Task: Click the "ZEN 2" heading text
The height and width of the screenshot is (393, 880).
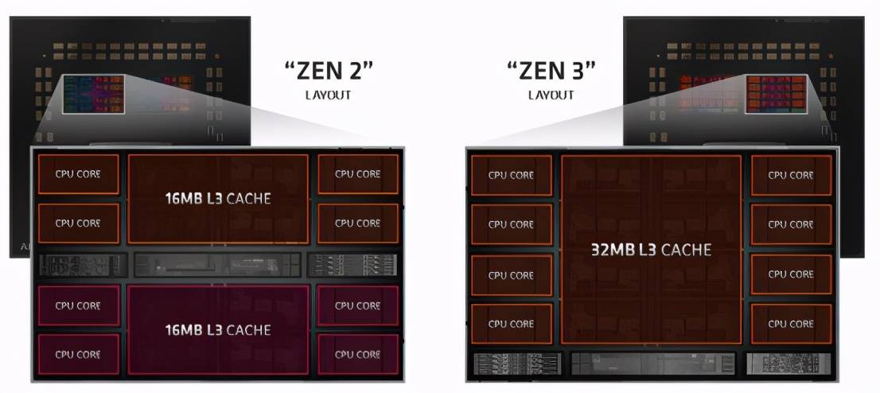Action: pos(329,72)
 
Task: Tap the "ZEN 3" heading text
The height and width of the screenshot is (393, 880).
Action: pos(551,72)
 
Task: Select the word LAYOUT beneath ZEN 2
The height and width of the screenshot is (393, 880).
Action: pos(329,95)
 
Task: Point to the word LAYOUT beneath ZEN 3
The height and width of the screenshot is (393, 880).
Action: pos(551,95)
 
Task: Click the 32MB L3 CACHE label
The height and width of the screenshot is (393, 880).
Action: pos(652,249)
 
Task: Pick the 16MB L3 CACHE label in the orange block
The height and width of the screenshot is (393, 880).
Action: pos(218,199)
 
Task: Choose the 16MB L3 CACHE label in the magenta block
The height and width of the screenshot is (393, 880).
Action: pos(218,329)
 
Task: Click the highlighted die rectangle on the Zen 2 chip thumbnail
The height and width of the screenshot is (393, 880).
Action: pos(93,94)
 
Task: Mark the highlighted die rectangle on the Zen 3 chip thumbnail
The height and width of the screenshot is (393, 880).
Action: pos(777,94)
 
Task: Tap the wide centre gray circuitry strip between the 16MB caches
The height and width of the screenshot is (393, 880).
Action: pos(218,264)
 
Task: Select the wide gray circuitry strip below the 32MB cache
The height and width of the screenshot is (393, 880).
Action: pos(652,364)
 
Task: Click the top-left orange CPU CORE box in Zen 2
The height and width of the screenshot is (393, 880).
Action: pos(78,174)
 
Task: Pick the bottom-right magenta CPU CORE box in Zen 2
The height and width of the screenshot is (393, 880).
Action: pos(358,354)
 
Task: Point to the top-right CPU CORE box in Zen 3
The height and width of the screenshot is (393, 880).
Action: pos(792,176)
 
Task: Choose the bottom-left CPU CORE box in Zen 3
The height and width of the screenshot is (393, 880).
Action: pos(512,324)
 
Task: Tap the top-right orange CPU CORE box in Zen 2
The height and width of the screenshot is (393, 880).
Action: pos(358,174)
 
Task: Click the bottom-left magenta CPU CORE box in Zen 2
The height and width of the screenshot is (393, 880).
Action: pos(78,354)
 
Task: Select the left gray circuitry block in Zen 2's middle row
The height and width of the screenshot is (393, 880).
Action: pos(83,264)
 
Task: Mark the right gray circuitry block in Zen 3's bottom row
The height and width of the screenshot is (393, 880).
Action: pos(788,364)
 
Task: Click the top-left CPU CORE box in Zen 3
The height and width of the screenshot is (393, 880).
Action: pos(512,176)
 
